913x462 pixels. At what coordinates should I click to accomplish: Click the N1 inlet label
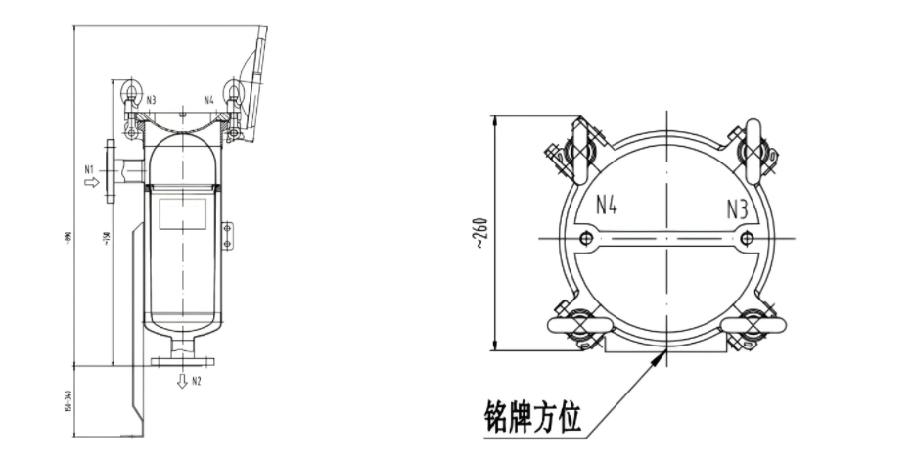point(88,169)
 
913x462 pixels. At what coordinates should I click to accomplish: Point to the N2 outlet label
point(197,380)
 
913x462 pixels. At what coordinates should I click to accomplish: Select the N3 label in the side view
point(152,100)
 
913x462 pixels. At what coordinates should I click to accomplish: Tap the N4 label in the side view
point(209,100)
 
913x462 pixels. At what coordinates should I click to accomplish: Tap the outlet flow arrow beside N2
point(181,381)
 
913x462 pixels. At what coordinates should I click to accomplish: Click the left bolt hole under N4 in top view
point(584,238)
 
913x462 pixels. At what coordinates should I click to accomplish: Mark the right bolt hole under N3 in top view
point(748,238)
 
